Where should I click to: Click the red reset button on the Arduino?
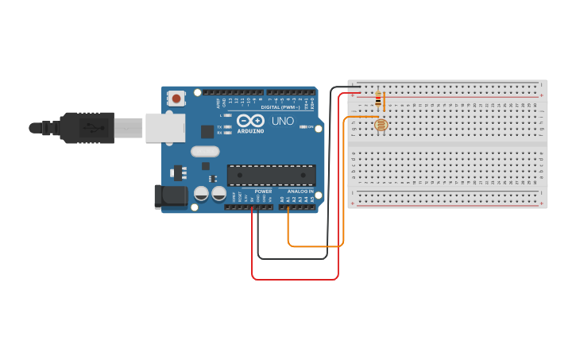[x=176, y=99]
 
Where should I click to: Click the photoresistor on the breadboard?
[x=380, y=125]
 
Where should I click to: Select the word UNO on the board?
[x=283, y=122]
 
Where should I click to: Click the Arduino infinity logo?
[x=249, y=121]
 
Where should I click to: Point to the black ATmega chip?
[x=271, y=176]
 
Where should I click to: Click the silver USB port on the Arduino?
[x=164, y=127]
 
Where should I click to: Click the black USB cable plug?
[x=87, y=127]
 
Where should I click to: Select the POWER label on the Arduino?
[x=263, y=192]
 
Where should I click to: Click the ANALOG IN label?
[x=300, y=192]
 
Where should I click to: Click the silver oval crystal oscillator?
[x=205, y=152]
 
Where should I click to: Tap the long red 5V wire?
[x=294, y=279]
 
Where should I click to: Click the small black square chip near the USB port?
[x=207, y=132]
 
